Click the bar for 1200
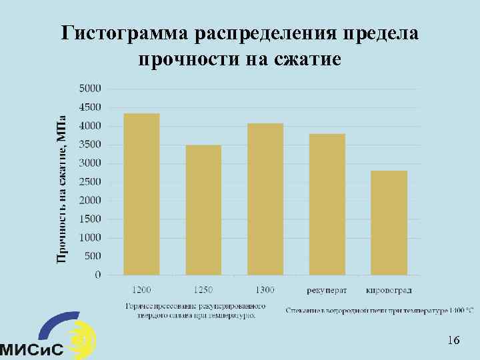tap(141, 194)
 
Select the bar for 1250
tap(203, 210)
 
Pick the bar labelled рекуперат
tap(327, 204)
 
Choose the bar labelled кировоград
tap(389, 223)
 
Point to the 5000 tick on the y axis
tap(91, 88)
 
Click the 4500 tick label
tap(91, 107)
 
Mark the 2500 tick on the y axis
tap(91, 181)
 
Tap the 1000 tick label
tap(91, 237)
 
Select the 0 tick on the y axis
tap(98, 275)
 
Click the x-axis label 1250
tap(203, 290)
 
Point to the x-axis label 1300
tap(265, 290)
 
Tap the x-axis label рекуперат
tap(327, 290)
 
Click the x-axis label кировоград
tap(389, 290)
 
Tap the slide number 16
tap(453, 341)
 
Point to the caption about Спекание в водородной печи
tap(380, 309)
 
